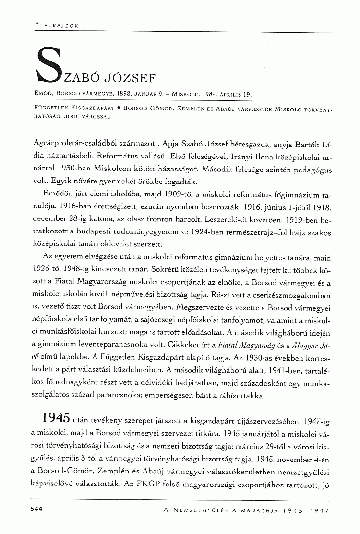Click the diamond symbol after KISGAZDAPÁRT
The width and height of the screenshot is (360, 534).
coord(118,110)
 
